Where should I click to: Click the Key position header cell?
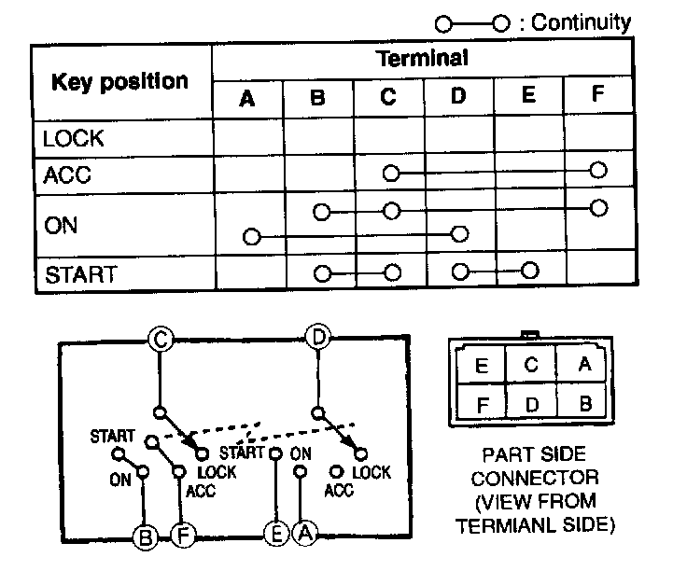coord(119,81)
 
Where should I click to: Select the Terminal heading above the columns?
coord(422,58)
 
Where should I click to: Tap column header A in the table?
coord(247,98)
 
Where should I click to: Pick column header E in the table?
coord(529,97)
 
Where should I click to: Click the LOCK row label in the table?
coord(74,140)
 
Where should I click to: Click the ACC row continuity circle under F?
coord(598,171)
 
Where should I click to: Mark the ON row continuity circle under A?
coord(250,236)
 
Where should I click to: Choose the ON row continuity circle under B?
coord(322,212)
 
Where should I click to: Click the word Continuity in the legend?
coord(581,22)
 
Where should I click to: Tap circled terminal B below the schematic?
coord(145,536)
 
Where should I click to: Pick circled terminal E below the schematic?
coord(274,535)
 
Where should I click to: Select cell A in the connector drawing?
coord(585,365)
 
